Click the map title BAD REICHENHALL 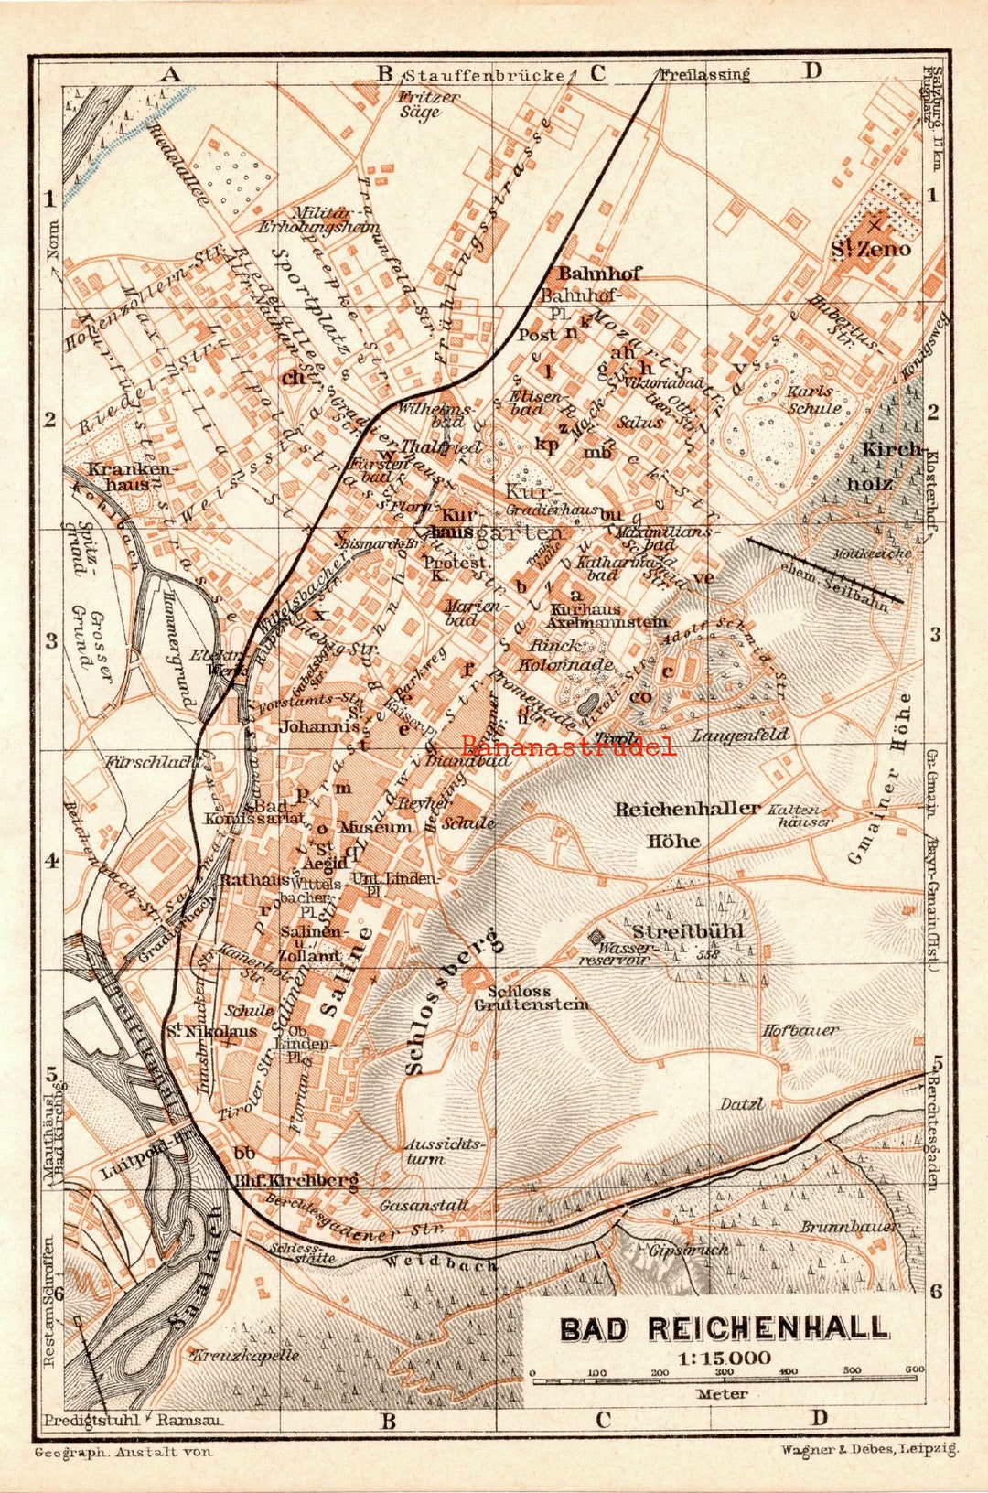tap(723, 1327)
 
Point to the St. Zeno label tap(870, 249)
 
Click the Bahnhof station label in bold tap(599, 273)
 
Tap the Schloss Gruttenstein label tap(531, 998)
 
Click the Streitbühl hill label tap(688, 931)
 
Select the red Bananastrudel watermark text tap(568, 746)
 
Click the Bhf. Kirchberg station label tap(297, 1180)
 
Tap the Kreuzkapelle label tap(244, 1355)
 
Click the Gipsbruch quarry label tap(688, 1249)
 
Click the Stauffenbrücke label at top tap(484, 75)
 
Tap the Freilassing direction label tap(703, 75)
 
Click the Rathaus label tap(247, 880)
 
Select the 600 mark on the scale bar tap(914, 1370)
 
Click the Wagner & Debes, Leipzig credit tap(869, 1450)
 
